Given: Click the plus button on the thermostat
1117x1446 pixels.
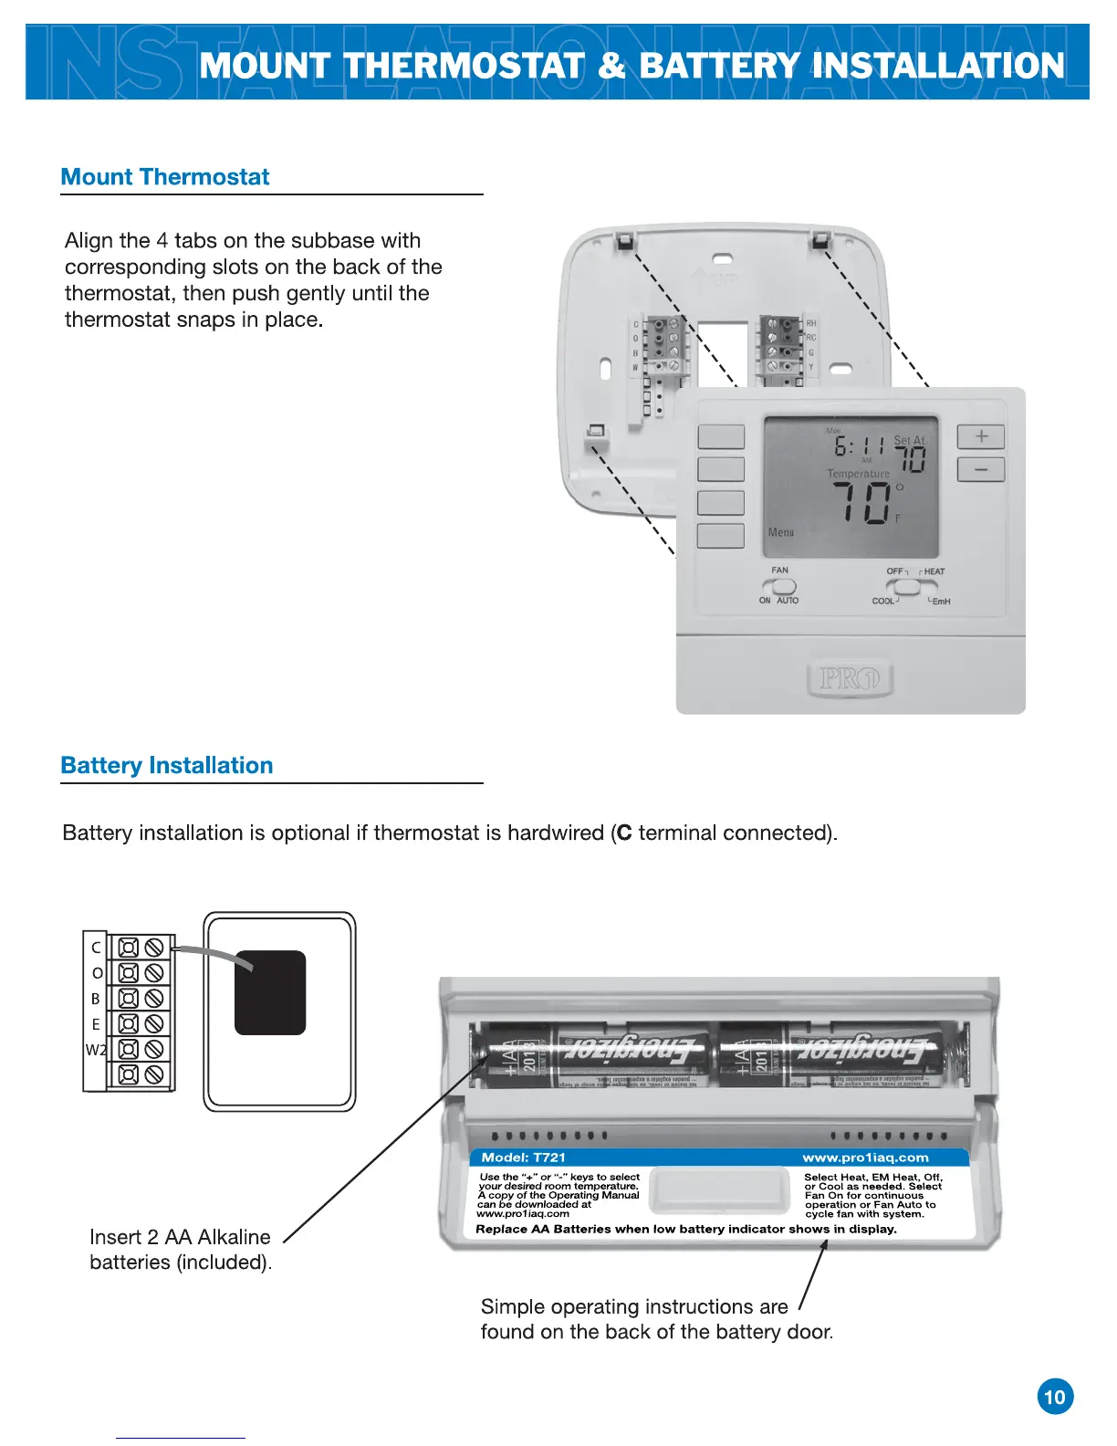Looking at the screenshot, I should coord(981,436).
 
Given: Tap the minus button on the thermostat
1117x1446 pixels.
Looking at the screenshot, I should coord(981,469).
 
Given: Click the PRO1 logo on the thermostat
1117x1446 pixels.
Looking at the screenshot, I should coord(849,678).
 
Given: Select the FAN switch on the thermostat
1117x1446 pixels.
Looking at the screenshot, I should coord(784,586).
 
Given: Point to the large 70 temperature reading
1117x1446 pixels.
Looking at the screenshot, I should coord(861,502).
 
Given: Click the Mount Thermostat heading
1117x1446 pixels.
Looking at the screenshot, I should coord(165,177).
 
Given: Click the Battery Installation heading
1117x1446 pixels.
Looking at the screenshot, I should coord(167,766).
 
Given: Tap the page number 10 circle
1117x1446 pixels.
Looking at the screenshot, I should coord(1055,1397).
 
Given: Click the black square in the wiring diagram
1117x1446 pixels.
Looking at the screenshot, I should coord(270,992).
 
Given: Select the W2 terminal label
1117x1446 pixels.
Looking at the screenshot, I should coord(96,1050).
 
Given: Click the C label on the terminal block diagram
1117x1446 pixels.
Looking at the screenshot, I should coord(96,948).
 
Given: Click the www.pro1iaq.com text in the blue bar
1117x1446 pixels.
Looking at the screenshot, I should coord(865,1158).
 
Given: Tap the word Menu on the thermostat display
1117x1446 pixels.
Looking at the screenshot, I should coord(781,532).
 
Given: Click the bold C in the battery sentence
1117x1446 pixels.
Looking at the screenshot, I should coord(624,833).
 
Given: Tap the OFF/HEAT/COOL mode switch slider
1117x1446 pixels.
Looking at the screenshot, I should coord(903,587).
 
